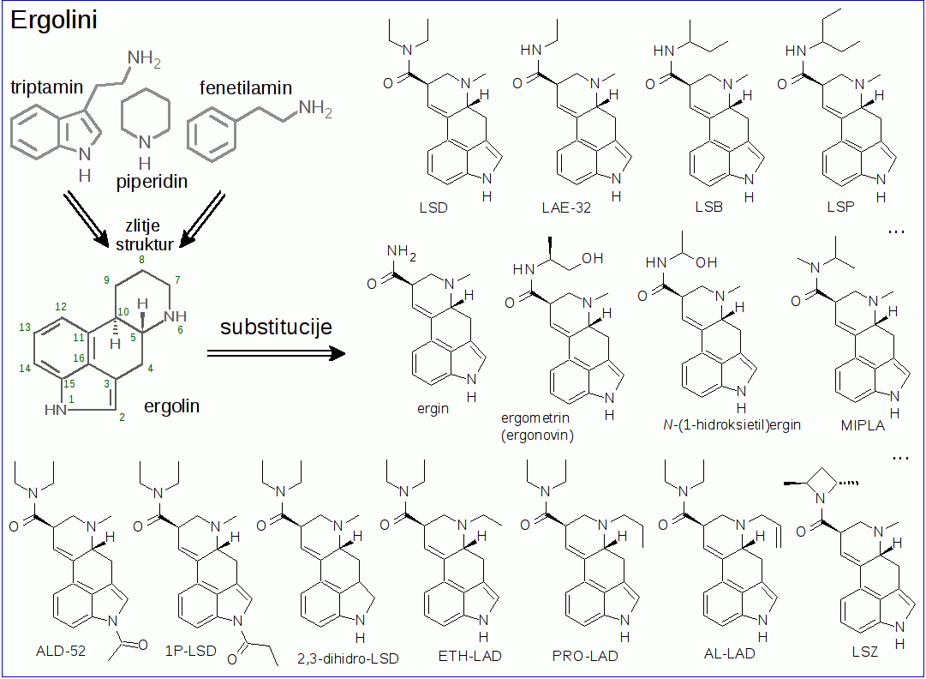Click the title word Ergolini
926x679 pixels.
(x=53, y=21)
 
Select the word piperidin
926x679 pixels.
(x=152, y=183)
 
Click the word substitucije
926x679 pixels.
(x=276, y=327)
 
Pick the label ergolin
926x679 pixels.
(x=172, y=406)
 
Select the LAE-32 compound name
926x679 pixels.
(x=566, y=208)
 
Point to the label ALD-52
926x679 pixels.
(x=61, y=650)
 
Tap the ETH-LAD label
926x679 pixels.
(x=469, y=656)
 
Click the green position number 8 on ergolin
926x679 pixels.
(x=141, y=260)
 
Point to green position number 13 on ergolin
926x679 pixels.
(x=25, y=327)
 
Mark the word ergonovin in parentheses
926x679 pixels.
(x=537, y=435)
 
